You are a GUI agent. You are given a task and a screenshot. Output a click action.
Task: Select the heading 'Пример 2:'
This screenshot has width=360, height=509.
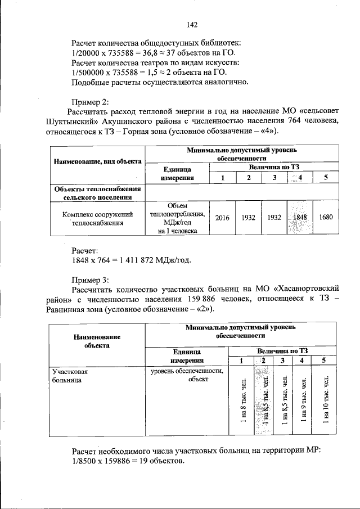click(x=91, y=102)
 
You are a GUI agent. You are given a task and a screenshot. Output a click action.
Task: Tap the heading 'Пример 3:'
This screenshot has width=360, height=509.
click(x=91, y=279)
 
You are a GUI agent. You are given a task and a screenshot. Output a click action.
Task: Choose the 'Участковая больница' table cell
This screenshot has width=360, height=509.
click(x=70, y=376)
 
